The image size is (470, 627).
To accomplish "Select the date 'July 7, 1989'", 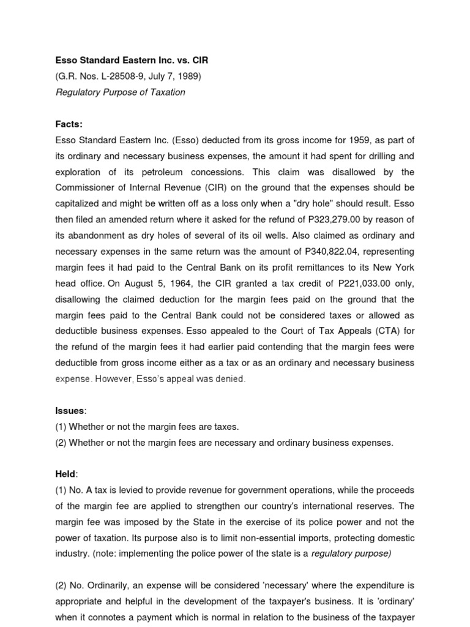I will (x=173, y=77).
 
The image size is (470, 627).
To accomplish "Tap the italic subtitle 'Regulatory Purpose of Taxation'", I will (x=120, y=92).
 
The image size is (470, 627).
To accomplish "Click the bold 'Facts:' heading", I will (x=69, y=124).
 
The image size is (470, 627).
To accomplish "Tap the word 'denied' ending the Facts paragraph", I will (x=231, y=379).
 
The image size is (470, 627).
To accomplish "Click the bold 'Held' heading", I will (x=65, y=475).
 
